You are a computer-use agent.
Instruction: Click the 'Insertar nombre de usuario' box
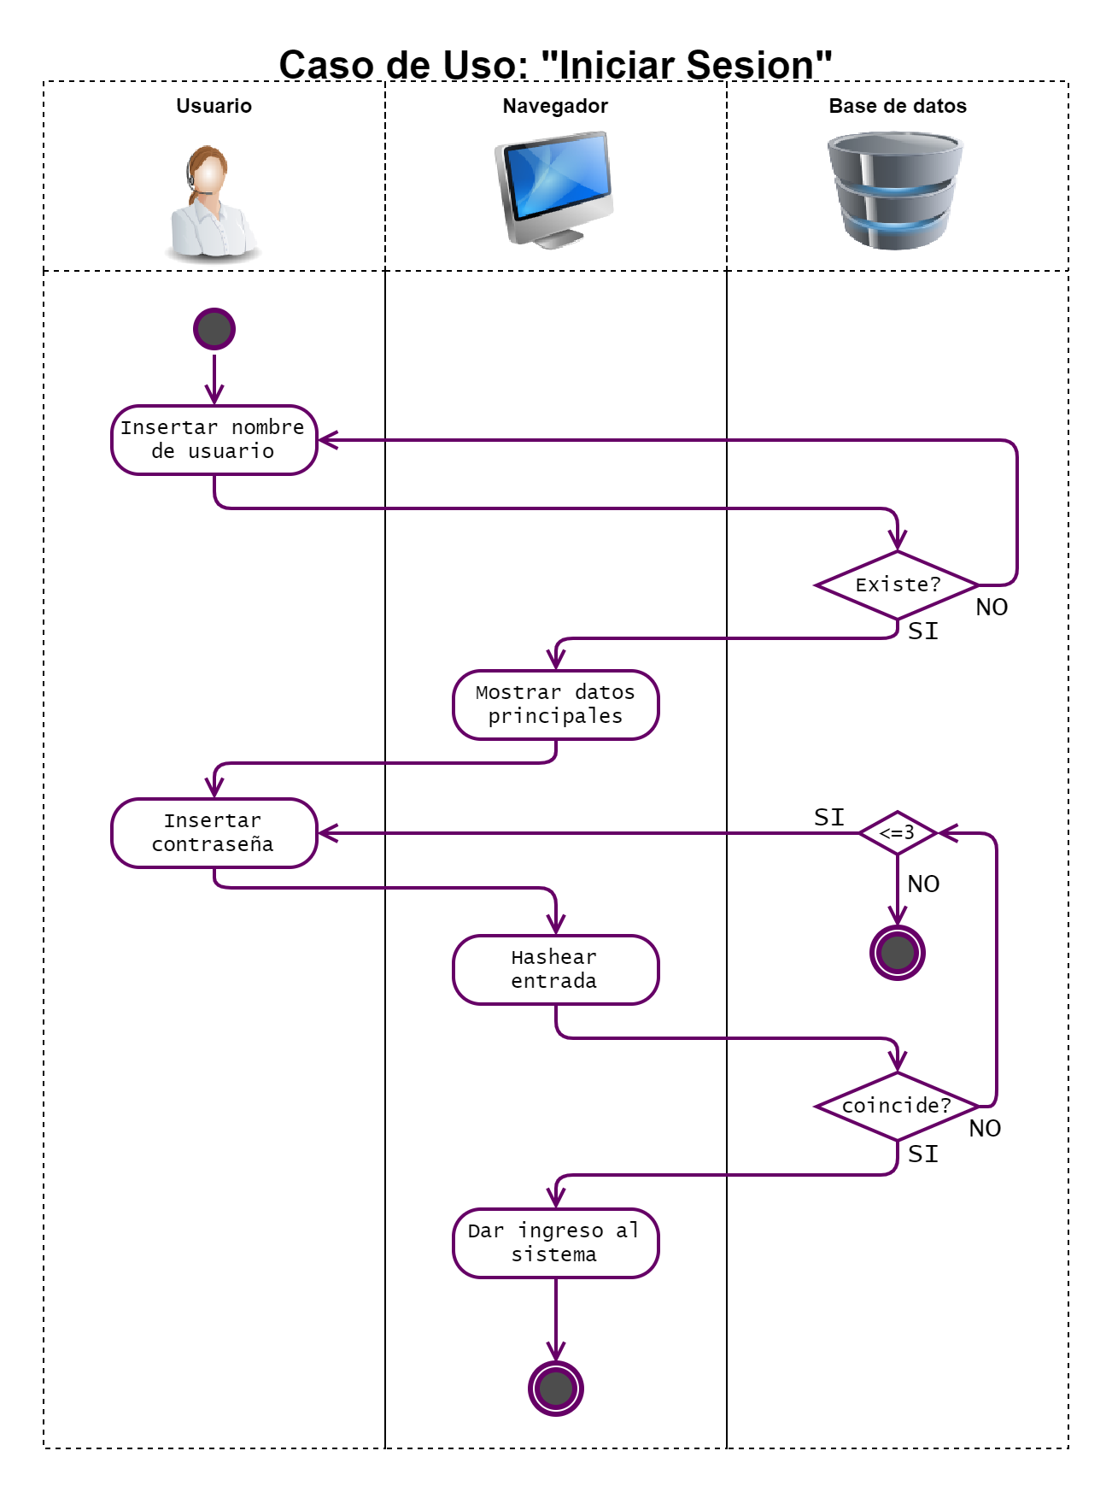click(214, 440)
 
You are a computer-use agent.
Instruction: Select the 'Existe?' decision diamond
click(897, 584)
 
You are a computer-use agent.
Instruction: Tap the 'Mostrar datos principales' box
click(555, 704)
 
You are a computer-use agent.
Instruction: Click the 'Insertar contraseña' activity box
click(214, 832)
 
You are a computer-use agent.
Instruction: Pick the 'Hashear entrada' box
click(555, 969)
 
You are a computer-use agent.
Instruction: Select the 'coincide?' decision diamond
click(897, 1106)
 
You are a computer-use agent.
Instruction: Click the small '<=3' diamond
click(897, 832)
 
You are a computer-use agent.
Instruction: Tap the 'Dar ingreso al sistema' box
click(555, 1242)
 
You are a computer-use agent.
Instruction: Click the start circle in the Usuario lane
click(214, 329)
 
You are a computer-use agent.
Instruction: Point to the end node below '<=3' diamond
click(897, 952)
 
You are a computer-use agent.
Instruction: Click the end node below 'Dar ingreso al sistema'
click(555, 1388)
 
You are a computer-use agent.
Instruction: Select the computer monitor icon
click(555, 190)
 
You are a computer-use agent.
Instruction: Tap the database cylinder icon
click(894, 190)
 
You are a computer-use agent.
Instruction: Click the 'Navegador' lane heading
click(555, 106)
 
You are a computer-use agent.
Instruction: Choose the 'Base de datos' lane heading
click(897, 106)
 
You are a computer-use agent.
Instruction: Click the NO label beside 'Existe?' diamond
click(992, 608)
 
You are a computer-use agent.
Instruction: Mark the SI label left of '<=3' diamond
click(828, 817)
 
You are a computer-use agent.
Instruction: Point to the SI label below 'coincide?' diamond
click(922, 1154)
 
